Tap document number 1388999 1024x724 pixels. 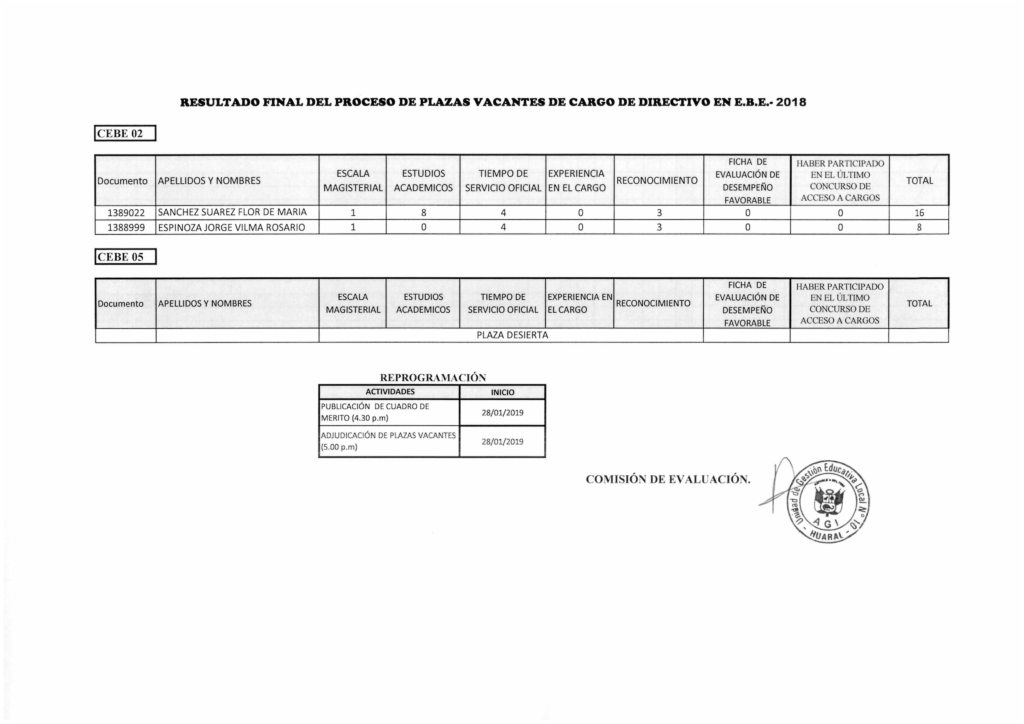126,227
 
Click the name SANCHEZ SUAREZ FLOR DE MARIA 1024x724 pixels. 232,212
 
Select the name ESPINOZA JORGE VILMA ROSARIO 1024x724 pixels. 231,227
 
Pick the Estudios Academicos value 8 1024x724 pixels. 423,213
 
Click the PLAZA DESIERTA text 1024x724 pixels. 512,335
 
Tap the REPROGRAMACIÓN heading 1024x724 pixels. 433,378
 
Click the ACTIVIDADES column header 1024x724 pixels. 390,392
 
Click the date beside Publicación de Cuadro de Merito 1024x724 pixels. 502,413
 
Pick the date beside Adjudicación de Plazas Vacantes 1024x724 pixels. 502,442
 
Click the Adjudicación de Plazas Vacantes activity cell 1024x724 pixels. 389,441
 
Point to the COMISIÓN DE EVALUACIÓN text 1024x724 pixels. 668,480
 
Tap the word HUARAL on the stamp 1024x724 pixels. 827,537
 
